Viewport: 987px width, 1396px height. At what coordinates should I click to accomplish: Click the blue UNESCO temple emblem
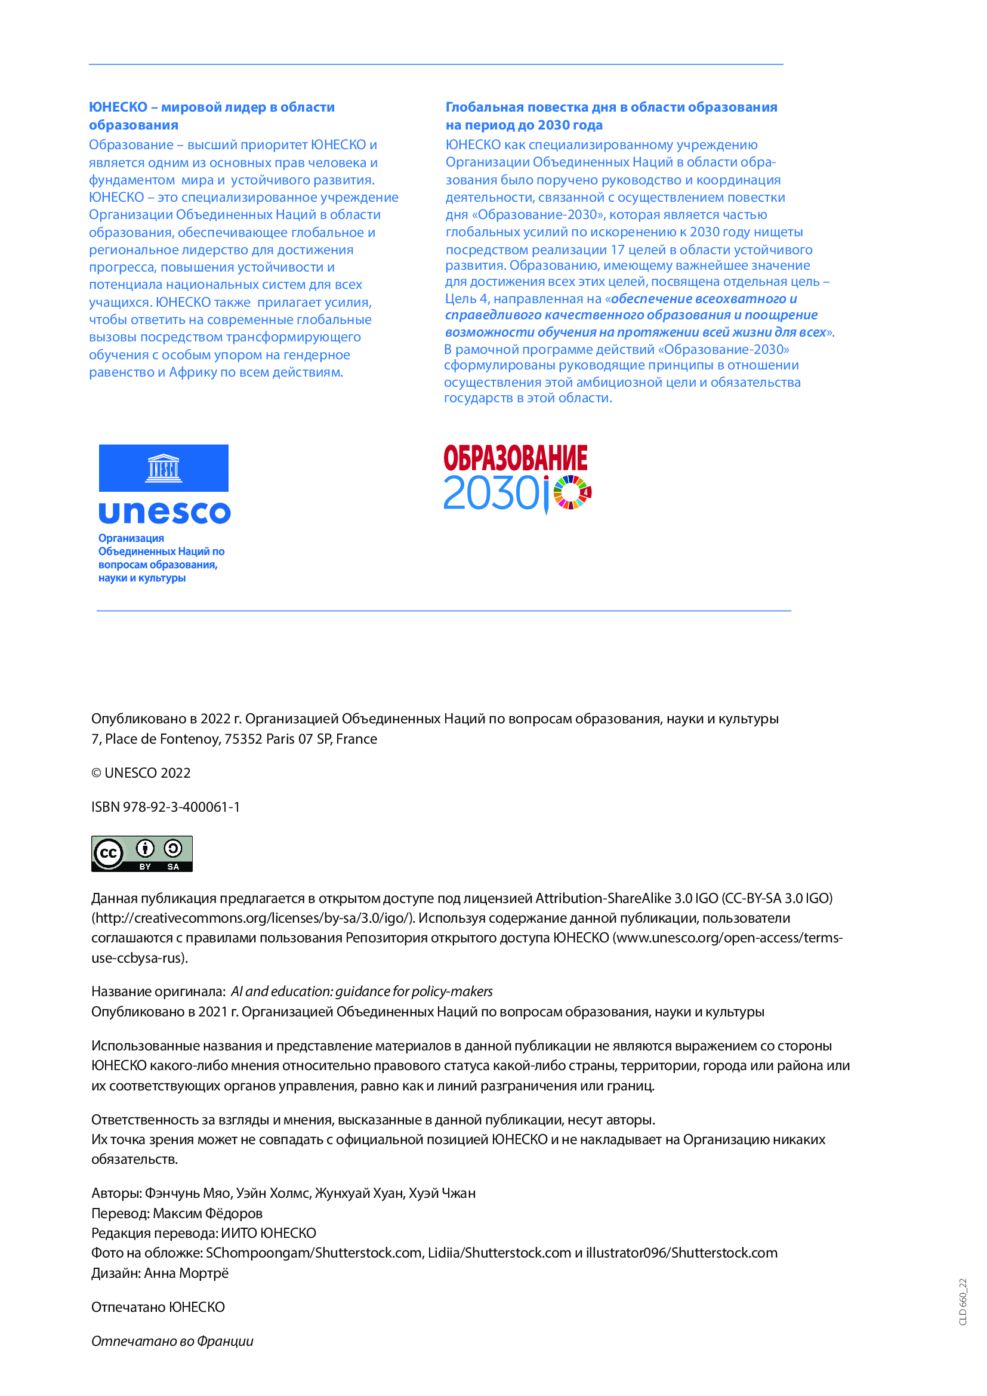point(164,468)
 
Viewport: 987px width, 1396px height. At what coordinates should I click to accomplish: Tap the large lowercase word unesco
point(164,513)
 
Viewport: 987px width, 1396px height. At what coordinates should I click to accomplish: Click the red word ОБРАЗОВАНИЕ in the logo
point(516,458)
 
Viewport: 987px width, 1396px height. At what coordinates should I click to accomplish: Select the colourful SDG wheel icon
point(572,492)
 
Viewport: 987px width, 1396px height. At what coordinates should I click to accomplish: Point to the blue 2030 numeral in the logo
point(491,494)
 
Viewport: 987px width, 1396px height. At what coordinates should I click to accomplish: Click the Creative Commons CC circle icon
point(108,853)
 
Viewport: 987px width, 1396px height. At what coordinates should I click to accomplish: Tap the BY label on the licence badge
point(145,867)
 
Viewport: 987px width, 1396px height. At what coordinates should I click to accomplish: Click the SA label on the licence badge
point(173,867)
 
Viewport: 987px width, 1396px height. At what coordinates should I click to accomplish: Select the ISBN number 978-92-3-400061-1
point(181,807)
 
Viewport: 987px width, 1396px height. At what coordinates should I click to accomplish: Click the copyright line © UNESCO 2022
point(141,773)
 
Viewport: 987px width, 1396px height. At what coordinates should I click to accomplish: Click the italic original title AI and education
point(362,991)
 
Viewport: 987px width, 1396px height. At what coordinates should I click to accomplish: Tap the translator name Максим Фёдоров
point(207,1213)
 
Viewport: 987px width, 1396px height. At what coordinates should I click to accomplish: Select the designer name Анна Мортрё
point(186,1272)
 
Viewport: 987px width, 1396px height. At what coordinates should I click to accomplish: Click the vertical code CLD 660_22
point(963,1302)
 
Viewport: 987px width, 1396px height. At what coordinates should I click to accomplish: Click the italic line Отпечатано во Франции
point(172,1340)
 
